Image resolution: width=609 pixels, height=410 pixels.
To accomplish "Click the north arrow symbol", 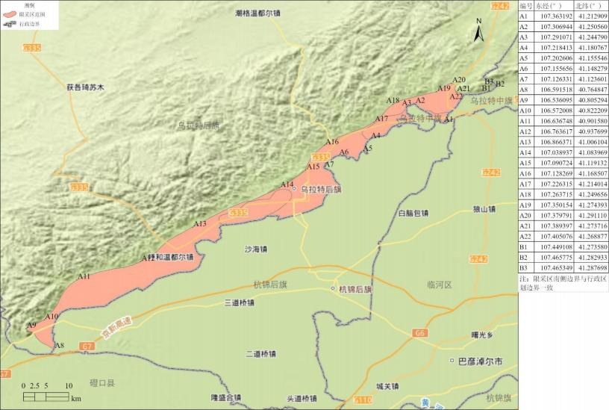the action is [480, 31].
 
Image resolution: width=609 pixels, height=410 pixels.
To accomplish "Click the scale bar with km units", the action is [47, 395].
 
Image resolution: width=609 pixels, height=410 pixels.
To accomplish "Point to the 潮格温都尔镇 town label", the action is [257, 13].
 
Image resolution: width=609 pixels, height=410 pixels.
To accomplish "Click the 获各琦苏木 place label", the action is [84, 87].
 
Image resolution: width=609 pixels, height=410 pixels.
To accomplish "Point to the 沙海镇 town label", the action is [256, 249].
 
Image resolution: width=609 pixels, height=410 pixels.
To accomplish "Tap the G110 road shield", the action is [363, 400].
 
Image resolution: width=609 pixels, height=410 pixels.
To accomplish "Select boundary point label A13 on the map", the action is [200, 224].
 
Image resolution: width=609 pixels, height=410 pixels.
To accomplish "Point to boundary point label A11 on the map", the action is [84, 276].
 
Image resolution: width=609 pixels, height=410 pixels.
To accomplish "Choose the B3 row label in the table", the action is [523, 267].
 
